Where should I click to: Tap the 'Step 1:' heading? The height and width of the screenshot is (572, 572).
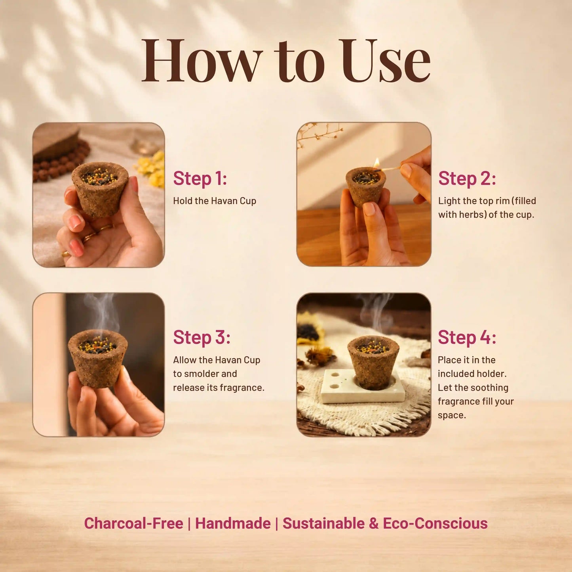[200, 179]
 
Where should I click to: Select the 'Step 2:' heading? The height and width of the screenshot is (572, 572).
[467, 179]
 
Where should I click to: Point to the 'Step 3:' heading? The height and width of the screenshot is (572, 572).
[201, 338]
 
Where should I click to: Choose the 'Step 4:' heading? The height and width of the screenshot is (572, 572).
[467, 338]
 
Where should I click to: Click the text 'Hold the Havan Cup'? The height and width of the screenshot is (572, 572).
[215, 201]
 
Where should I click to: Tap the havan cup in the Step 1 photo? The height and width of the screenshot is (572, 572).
[100, 189]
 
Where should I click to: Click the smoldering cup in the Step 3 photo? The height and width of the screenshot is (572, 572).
[98, 358]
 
